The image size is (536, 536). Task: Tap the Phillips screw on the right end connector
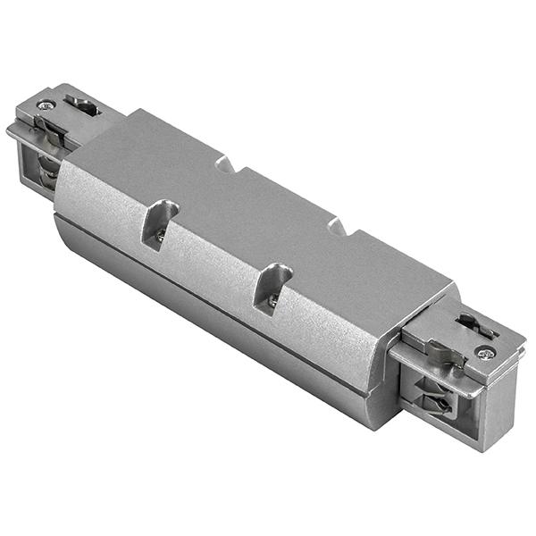[x=485, y=353]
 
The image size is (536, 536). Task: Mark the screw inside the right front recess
[x=272, y=301]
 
